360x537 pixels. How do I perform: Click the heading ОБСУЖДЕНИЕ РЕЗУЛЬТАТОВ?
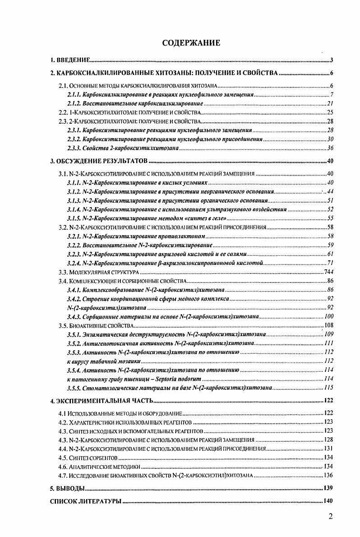[x=102, y=162]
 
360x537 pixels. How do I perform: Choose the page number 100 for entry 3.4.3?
[x=328, y=316]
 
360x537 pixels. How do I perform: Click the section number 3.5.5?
[x=74, y=387]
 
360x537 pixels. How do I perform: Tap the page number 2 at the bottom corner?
[x=331, y=517]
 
